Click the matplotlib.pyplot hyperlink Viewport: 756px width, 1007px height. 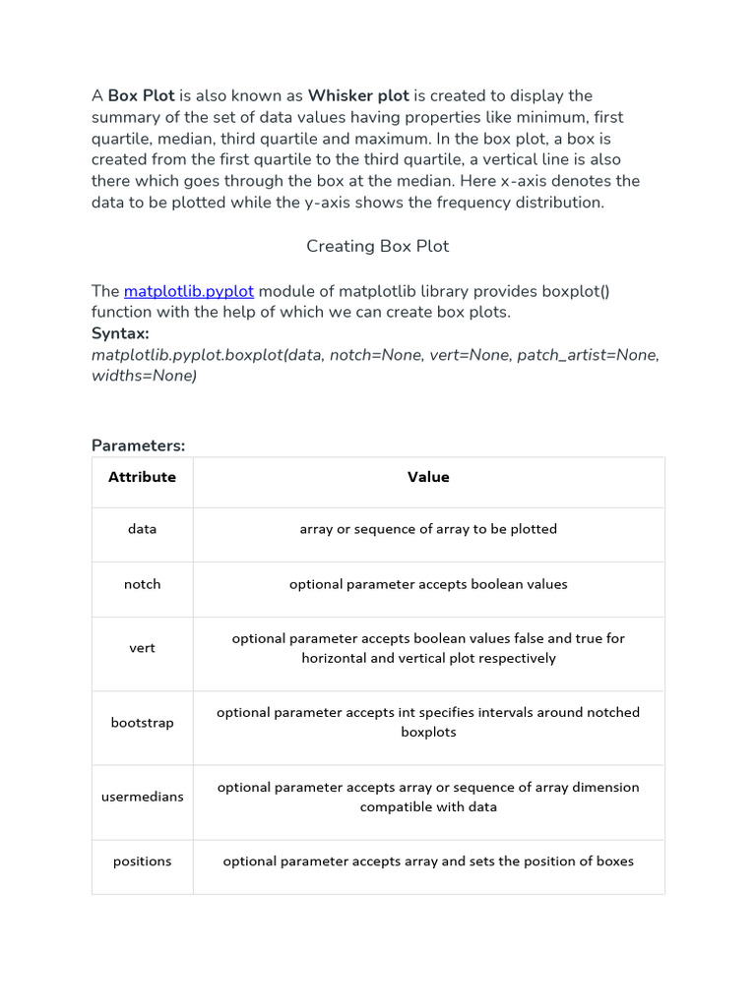188,291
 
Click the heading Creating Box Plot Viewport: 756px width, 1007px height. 377,246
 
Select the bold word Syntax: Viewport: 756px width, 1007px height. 120,333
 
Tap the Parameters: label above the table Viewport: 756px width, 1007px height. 138,445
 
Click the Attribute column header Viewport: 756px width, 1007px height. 142,477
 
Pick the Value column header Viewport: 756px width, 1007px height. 428,477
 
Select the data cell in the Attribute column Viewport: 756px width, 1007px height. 142,529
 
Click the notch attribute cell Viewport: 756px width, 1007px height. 142,584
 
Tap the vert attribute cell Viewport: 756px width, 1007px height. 142,648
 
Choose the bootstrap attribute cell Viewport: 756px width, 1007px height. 142,723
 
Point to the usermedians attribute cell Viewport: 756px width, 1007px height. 142,797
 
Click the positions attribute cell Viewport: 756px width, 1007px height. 142,861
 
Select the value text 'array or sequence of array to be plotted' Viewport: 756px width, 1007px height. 428,529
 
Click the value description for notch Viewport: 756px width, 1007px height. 428,584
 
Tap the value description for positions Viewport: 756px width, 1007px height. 428,861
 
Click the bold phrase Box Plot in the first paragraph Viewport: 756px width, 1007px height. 141,95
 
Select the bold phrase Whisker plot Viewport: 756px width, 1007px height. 358,95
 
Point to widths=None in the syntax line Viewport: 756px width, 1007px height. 144,376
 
